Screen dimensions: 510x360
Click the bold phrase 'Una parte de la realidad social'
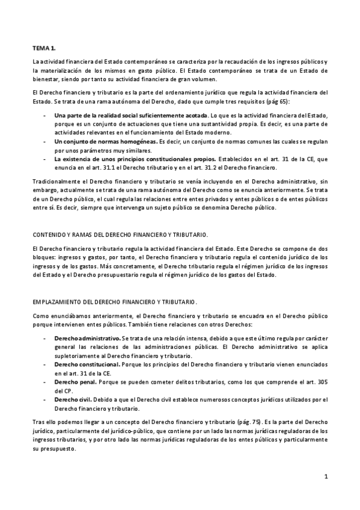tap(102, 114)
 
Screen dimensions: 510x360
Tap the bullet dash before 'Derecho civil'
tap(46, 399)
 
